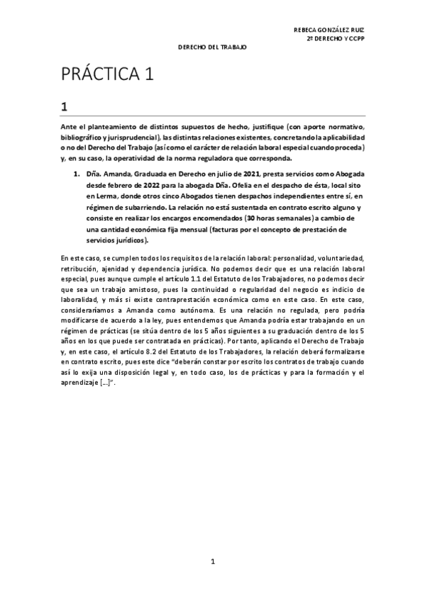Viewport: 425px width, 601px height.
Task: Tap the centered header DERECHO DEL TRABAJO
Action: click(x=211, y=47)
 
